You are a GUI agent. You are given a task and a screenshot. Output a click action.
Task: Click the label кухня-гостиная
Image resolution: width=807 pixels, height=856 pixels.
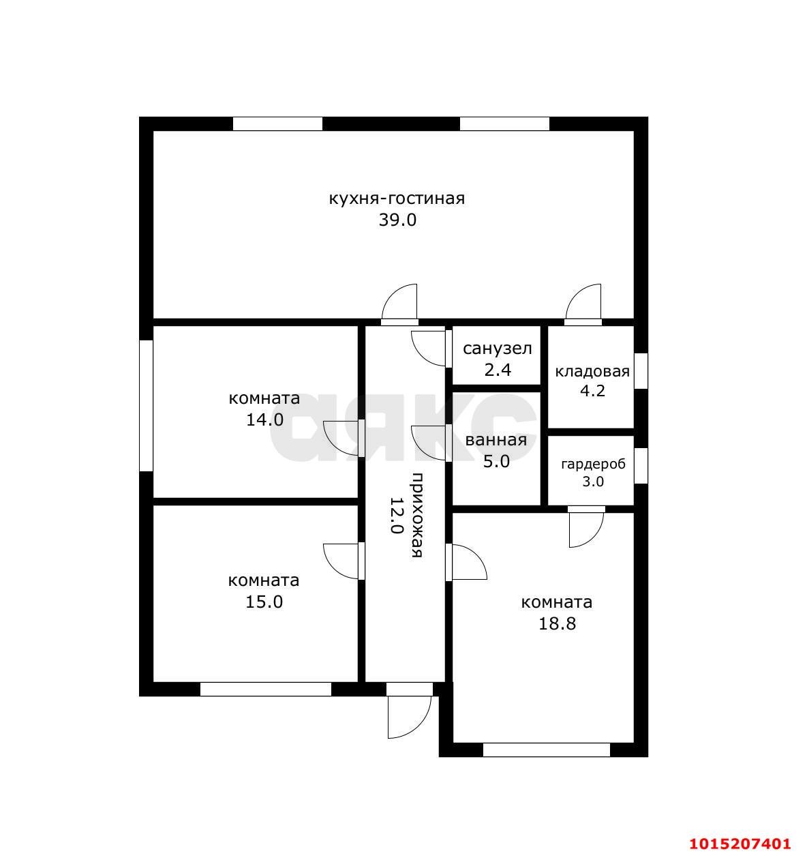(x=397, y=199)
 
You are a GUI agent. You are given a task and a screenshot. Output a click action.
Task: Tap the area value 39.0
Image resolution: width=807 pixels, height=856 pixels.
(x=397, y=220)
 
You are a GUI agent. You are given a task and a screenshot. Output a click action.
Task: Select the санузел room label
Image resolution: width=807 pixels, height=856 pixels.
(x=497, y=349)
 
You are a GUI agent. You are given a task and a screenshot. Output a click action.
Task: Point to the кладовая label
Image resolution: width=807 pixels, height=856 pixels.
(x=592, y=371)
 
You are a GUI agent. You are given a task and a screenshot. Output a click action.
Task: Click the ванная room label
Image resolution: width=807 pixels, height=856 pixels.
(x=496, y=440)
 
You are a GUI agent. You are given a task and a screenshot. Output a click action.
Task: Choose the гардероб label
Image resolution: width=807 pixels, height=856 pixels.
(x=593, y=464)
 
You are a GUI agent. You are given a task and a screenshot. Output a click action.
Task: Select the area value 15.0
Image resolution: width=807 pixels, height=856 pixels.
(x=264, y=602)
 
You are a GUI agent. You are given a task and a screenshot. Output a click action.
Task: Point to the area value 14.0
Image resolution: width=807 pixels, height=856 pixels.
(x=264, y=419)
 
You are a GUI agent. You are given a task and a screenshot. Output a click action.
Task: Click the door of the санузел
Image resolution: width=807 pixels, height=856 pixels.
(x=429, y=349)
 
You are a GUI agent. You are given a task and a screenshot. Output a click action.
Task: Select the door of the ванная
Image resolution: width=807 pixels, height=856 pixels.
(x=429, y=443)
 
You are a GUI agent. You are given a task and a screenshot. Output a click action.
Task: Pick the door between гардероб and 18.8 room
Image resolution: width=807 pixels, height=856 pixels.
(x=586, y=527)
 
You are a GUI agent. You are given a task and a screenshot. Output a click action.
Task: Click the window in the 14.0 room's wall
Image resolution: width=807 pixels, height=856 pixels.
(x=147, y=406)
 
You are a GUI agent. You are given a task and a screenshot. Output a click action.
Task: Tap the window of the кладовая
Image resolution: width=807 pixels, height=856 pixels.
(x=641, y=370)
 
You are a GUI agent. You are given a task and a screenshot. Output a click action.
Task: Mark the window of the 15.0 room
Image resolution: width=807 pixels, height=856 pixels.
(x=266, y=689)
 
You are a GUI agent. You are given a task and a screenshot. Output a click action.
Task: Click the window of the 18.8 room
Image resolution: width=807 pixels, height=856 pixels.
(x=547, y=750)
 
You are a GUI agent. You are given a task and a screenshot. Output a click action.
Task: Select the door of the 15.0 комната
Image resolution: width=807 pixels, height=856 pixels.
(x=344, y=561)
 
